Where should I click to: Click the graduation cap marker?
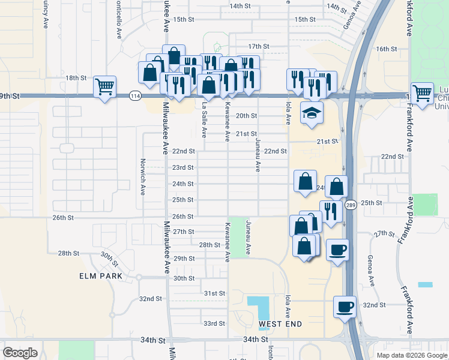(312, 112)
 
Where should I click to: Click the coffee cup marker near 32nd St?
(345, 307)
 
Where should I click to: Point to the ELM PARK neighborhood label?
(101, 276)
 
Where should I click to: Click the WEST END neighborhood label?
(280, 325)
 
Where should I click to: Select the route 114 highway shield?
(136, 96)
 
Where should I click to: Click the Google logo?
(20, 352)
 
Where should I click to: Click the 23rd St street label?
(183, 168)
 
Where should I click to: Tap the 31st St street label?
(214, 293)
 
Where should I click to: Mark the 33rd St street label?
(214, 323)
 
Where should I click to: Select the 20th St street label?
(246, 116)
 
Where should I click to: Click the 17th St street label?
(258, 46)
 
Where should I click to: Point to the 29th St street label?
(184, 259)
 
